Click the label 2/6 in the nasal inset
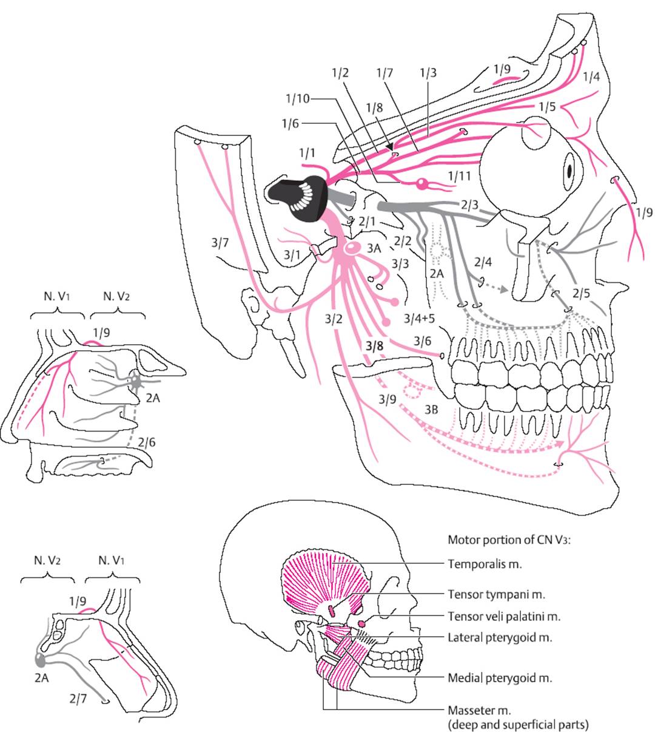click(146, 442)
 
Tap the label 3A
click(374, 248)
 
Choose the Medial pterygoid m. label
click(500, 677)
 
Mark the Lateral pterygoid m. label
click(500, 637)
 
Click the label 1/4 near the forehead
click(591, 76)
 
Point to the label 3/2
click(334, 318)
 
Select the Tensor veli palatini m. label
click(504, 616)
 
